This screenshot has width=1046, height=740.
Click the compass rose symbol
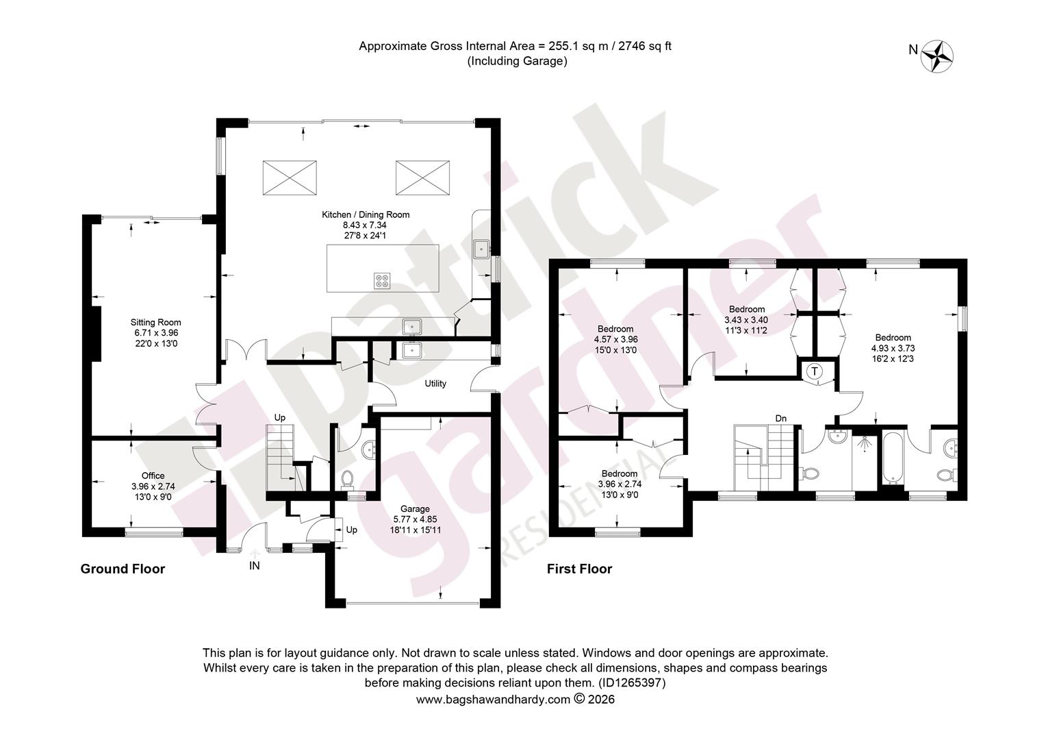(x=936, y=57)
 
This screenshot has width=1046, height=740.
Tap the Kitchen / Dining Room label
(x=365, y=214)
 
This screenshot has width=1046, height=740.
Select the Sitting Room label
(x=155, y=322)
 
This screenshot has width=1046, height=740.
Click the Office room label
(x=153, y=476)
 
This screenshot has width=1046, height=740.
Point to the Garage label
(x=415, y=508)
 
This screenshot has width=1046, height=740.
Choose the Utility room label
(x=435, y=383)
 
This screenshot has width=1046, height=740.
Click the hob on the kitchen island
(x=382, y=280)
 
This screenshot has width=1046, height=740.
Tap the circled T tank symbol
(x=815, y=371)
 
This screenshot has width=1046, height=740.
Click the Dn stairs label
(x=781, y=419)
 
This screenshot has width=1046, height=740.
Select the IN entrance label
(x=254, y=566)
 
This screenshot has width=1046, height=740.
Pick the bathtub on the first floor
(x=893, y=457)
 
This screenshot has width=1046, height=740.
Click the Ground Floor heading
(x=123, y=569)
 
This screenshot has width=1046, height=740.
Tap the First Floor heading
(x=580, y=569)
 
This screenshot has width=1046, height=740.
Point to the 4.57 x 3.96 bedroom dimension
(x=615, y=339)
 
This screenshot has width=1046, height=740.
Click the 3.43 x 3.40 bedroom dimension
(x=746, y=320)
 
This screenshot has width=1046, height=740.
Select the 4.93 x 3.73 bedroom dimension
(x=893, y=348)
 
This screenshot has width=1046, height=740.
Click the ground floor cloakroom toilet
(x=347, y=479)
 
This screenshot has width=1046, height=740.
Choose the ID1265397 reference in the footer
(x=632, y=682)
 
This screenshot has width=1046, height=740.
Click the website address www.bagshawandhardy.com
(x=493, y=700)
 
